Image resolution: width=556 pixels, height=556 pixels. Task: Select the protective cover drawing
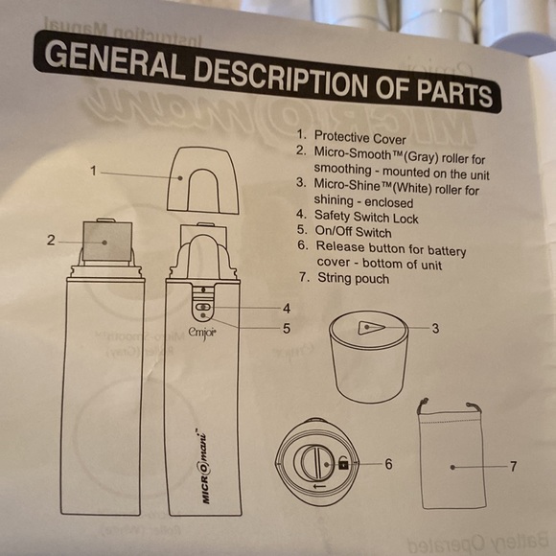coord(203,180)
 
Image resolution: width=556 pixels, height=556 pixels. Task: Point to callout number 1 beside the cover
coord(93,171)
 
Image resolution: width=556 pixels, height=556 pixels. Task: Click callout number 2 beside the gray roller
coord(51,241)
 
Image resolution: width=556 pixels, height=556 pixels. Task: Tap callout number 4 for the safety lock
coord(287,309)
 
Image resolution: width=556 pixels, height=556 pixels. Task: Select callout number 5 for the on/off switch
coord(287,329)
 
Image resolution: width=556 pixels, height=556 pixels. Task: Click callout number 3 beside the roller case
coord(436,329)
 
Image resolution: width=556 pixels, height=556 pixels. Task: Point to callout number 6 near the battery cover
coord(388,464)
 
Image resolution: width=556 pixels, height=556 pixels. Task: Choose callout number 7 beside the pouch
coord(514,467)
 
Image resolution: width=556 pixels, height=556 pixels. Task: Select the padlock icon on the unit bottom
coord(343,463)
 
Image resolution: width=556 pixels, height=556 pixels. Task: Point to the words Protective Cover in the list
coord(359,138)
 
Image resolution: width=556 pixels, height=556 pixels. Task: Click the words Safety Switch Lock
coord(366,217)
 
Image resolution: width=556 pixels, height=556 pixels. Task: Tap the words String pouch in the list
coord(353,278)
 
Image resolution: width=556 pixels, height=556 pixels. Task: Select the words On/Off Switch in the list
coord(353,232)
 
